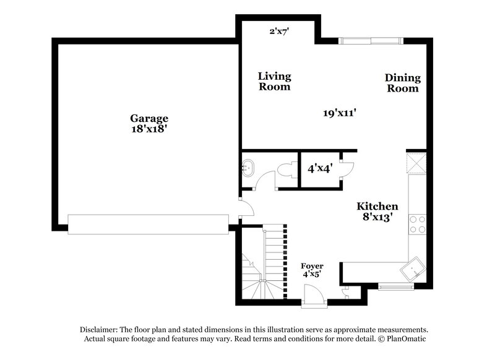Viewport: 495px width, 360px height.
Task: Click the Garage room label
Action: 148,118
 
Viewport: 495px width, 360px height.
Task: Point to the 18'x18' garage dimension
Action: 148,130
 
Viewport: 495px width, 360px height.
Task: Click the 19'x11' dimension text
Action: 340,113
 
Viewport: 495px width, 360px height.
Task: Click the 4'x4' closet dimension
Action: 320,168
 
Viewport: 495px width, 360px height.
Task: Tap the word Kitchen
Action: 377,206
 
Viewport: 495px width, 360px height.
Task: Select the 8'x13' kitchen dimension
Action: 377,218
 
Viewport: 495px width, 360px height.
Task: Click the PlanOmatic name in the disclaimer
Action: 406,339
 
